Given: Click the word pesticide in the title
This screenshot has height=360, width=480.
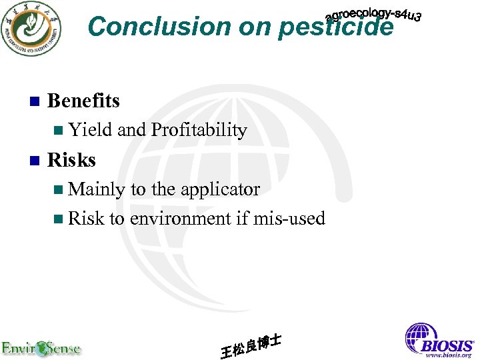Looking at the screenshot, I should tap(336, 27).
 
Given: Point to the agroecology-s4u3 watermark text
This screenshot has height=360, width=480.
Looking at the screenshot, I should tap(373, 16).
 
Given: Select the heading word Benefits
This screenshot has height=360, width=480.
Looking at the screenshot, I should tap(83, 101).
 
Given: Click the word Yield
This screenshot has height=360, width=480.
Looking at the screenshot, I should tap(90, 130).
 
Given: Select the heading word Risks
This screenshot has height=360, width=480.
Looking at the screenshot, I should tap(71, 160).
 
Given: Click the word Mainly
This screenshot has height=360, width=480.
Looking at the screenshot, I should tap(97, 189).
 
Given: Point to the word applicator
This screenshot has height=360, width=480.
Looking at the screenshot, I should tap(219, 189).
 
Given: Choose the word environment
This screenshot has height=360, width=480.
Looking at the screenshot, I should tap(179, 218).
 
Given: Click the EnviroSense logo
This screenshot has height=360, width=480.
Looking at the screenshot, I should tap(41, 347).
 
